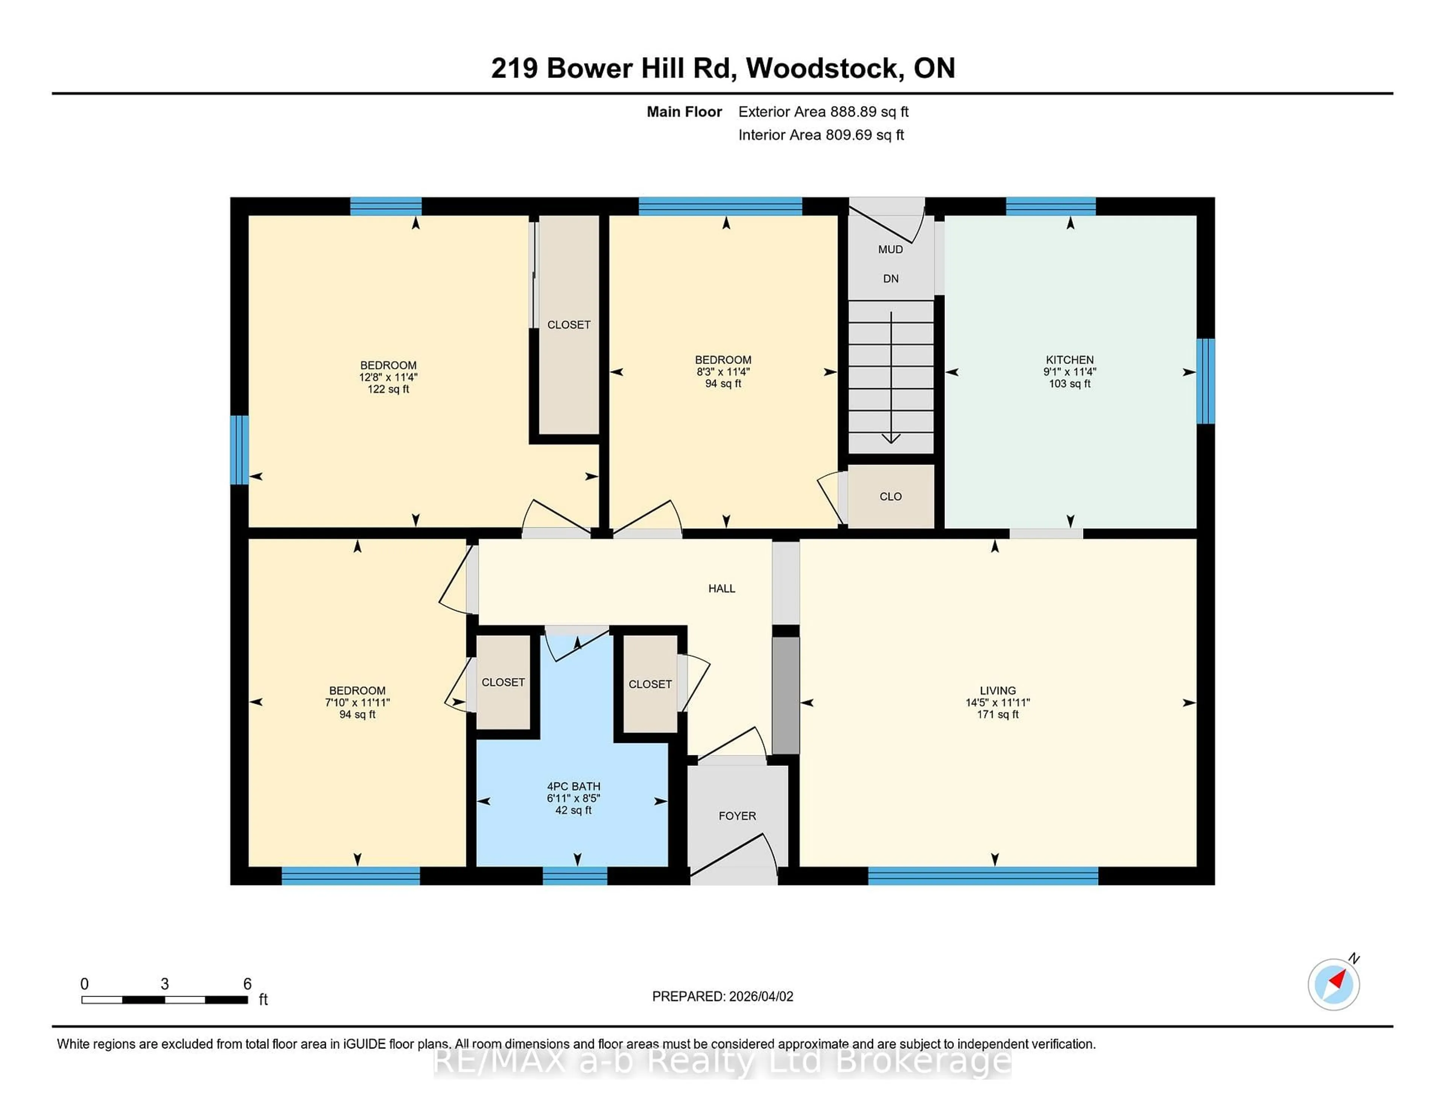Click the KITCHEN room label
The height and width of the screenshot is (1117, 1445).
(x=1069, y=360)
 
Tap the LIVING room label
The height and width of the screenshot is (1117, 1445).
(x=997, y=690)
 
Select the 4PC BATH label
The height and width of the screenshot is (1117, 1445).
(x=573, y=786)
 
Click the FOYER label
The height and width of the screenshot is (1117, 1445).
(x=737, y=816)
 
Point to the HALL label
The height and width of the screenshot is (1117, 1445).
(x=721, y=588)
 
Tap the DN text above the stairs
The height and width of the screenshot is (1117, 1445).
(x=891, y=278)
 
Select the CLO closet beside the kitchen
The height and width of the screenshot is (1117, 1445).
(x=891, y=496)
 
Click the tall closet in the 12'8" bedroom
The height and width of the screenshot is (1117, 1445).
(x=568, y=324)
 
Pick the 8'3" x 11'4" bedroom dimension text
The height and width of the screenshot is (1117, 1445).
(x=722, y=372)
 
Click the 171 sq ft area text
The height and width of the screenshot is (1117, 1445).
(x=997, y=715)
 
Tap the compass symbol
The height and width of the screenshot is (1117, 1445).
(x=1333, y=984)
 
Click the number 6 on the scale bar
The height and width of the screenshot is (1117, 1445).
(x=247, y=984)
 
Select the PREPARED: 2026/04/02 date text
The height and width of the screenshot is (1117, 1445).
(x=722, y=997)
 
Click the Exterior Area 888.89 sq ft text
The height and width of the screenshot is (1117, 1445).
(x=823, y=112)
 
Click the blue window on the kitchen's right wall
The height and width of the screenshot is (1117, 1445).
(x=1206, y=381)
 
